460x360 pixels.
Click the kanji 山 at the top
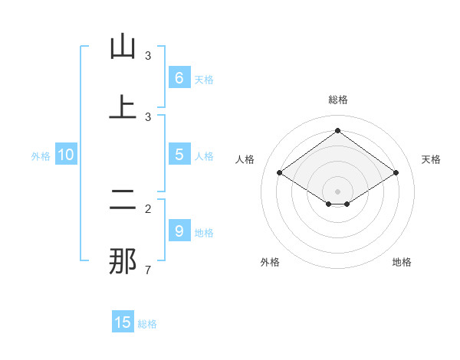[123, 47]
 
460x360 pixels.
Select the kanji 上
[123, 107]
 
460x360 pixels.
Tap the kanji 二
[123, 201]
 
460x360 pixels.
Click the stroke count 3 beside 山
[148, 56]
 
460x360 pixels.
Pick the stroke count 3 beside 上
[148, 117]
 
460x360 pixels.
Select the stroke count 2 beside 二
[148, 208]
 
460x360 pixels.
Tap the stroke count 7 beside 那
[148, 270]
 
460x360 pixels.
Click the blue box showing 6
[179, 77]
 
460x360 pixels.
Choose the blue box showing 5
[179, 155]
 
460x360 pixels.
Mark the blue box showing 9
[179, 231]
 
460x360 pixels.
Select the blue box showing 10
[66, 155]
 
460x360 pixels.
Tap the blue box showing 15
[123, 322]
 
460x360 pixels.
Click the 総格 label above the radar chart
[338, 100]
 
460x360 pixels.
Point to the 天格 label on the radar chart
[431, 159]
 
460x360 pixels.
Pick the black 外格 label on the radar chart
[270, 262]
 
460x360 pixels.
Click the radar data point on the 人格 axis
[280, 173]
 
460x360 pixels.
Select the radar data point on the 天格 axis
[396, 173]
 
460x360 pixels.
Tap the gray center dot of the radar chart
[338, 191]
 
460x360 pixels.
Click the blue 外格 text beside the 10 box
[41, 155]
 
